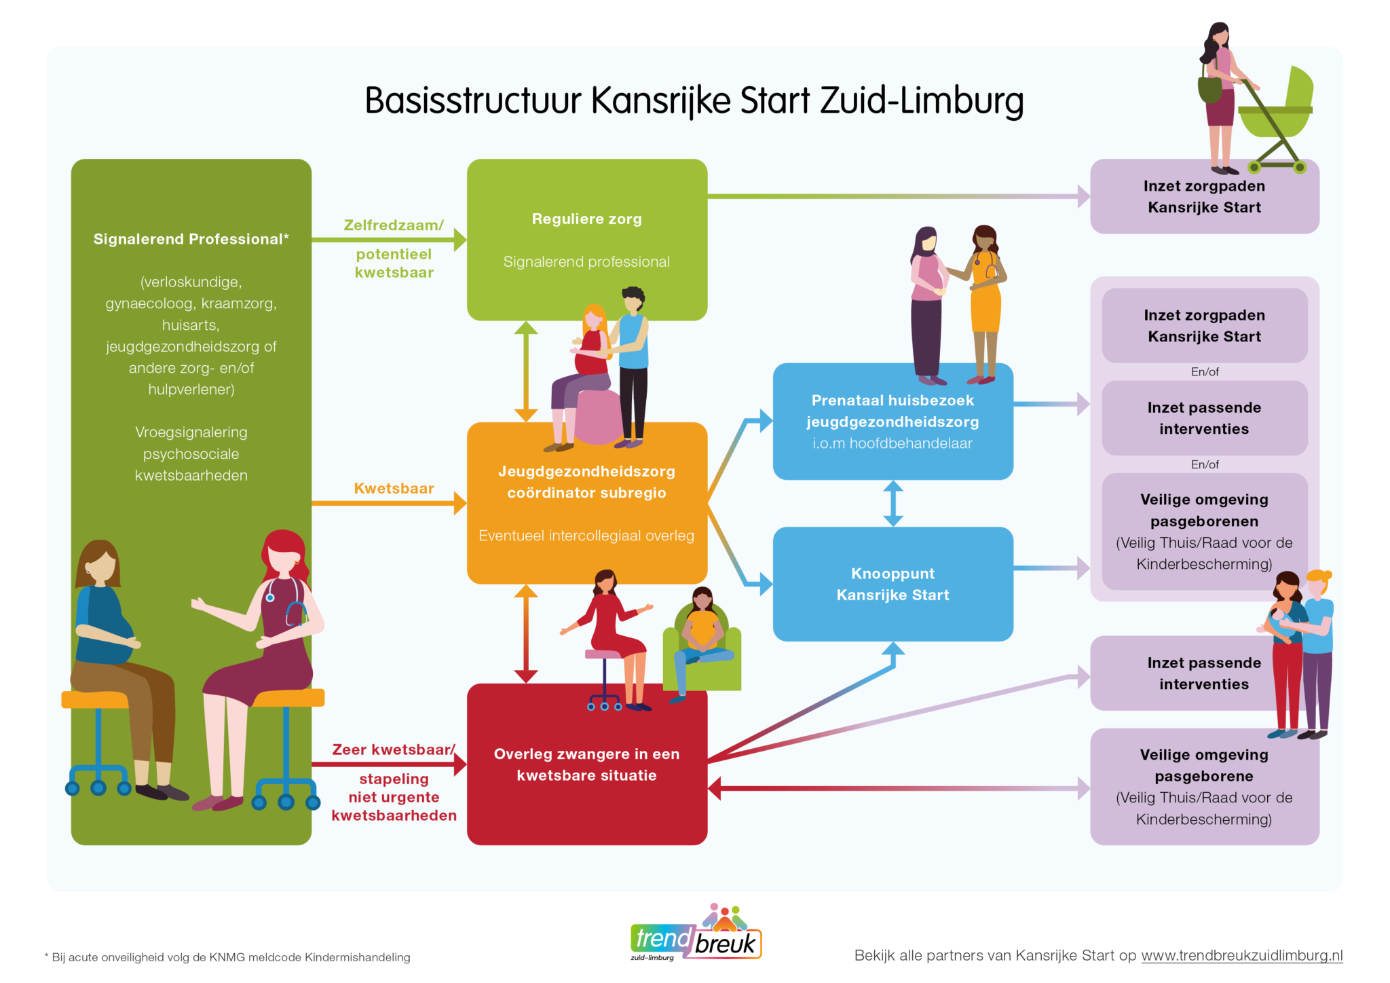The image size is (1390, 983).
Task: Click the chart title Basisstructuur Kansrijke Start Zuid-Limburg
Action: (694, 100)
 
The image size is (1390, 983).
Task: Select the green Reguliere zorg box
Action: (587, 240)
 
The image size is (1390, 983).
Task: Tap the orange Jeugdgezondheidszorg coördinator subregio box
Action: (587, 503)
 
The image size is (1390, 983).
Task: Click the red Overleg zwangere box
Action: (587, 764)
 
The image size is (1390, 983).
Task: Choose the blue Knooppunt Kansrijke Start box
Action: (893, 584)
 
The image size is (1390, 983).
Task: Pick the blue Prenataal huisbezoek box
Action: (893, 422)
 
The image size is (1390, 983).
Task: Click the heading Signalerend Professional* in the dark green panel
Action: (191, 239)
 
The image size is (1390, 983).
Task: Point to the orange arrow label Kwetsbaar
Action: (394, 488)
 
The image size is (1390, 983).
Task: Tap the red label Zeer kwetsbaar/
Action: (394, 749)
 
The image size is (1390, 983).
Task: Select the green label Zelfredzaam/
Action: (394, 225)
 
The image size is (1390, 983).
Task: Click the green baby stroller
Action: (1275, 119)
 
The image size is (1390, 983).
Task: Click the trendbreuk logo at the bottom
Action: (696, 933)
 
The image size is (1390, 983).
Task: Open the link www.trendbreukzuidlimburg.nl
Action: (1242, 955)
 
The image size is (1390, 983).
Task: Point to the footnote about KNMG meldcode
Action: (227, 957)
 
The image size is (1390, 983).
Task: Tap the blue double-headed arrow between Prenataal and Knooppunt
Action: (893, 503)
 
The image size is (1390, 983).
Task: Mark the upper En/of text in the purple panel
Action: (1205, 372)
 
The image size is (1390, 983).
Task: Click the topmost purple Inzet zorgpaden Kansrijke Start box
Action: (1205, 197)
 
